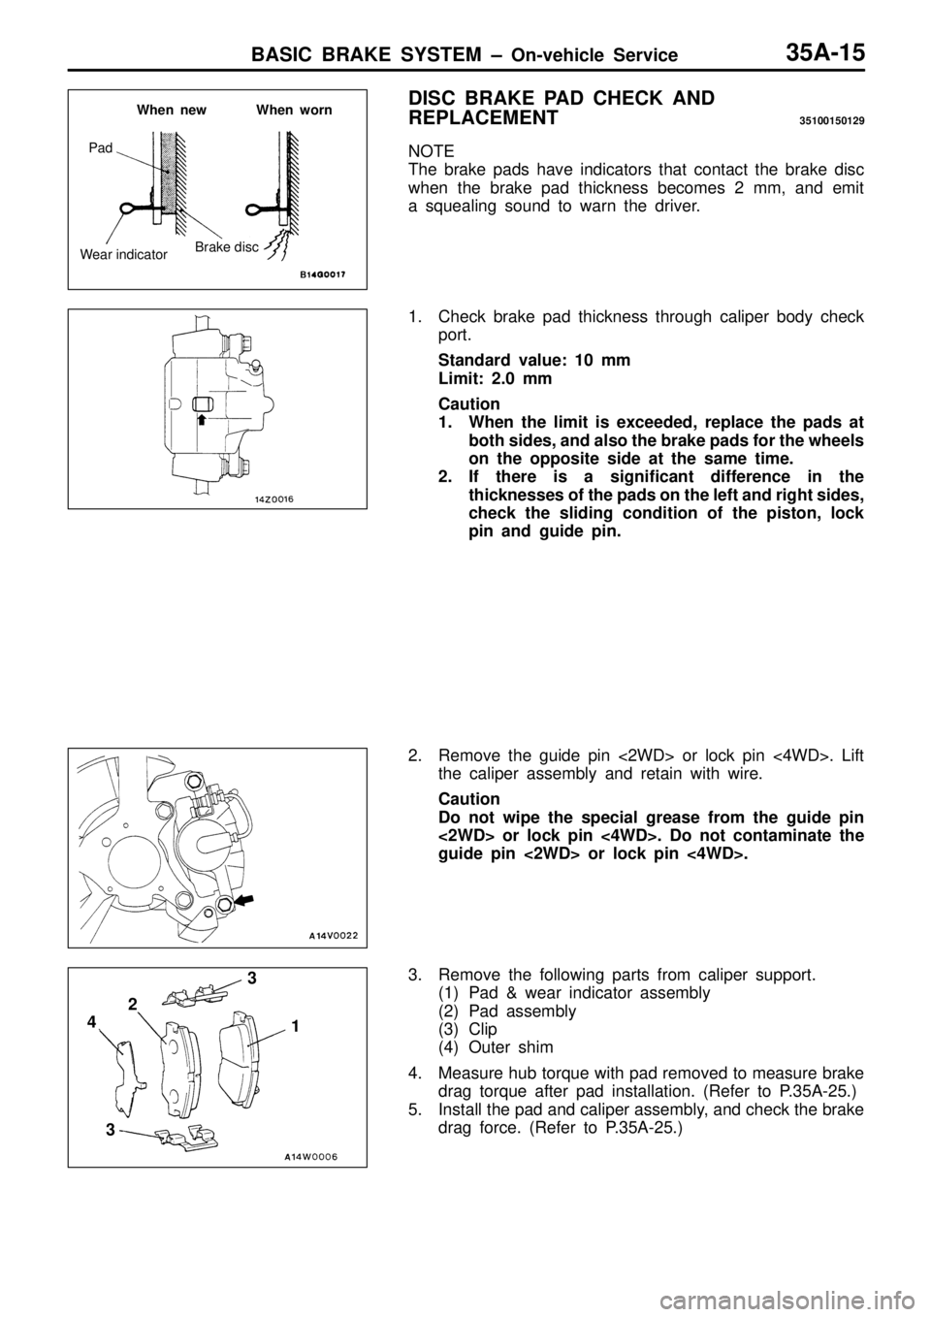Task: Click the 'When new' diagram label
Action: click(172, 110)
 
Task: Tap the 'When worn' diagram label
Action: click(294, 110)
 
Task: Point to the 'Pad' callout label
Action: click(101, 148)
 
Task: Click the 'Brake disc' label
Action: click(227, 246)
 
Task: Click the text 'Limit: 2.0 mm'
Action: click(495, 378)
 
